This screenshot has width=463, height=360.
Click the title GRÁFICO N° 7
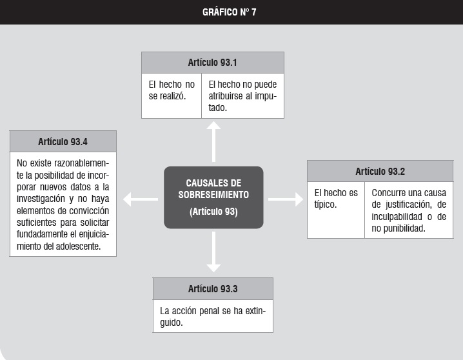229,12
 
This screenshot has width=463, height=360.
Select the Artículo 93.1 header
213,63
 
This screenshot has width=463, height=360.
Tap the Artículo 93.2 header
380,171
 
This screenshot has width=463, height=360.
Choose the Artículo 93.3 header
213,289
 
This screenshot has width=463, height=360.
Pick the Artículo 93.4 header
63,142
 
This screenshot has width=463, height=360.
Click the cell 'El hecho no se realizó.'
172,95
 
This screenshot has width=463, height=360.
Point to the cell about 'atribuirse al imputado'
242,95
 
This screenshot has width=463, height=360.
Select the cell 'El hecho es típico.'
336,210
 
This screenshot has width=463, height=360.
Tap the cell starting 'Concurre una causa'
409,210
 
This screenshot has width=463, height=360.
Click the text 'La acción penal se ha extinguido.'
213,316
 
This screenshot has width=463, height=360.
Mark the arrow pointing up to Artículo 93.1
213,142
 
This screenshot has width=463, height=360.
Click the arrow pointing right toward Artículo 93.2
286,199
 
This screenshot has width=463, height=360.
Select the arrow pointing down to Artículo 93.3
213,252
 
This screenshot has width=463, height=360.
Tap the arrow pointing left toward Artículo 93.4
141,199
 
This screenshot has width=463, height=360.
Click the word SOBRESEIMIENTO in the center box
213,195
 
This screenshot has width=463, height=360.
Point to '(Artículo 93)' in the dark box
213,212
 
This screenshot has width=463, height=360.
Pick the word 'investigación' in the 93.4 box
41,199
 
